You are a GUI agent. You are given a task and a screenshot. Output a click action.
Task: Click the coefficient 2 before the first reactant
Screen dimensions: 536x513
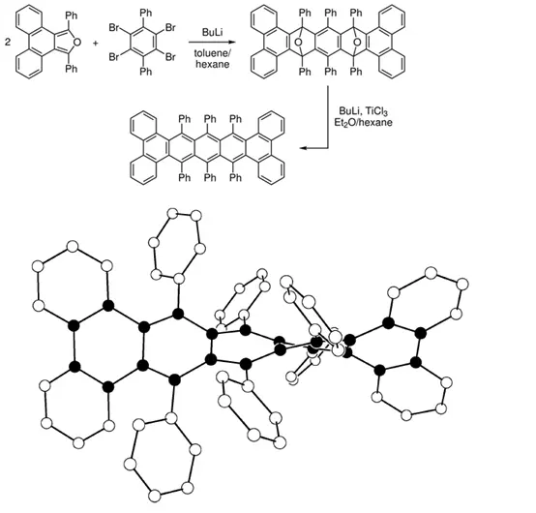8,43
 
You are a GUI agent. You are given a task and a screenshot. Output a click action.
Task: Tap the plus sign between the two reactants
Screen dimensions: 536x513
96,44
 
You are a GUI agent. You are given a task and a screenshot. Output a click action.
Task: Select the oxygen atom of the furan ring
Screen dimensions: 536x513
77,43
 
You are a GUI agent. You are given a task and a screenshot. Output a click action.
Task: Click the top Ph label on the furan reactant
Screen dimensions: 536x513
72,15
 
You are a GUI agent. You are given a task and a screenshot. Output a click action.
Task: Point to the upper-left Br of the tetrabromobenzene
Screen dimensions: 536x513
114,28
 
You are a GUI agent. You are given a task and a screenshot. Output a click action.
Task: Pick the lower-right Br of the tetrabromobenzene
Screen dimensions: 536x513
170,57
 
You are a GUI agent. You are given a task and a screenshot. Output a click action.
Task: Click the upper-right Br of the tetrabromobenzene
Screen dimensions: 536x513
170,28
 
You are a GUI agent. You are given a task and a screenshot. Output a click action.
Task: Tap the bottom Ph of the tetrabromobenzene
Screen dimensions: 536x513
146,72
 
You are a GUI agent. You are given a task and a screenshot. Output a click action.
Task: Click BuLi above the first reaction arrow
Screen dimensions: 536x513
212,33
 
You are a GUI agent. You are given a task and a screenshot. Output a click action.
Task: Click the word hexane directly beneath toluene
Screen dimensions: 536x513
213,64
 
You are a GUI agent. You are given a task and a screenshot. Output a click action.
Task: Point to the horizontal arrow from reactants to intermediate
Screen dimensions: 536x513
212,42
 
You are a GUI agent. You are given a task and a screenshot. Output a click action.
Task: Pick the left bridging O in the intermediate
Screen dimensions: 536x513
298,43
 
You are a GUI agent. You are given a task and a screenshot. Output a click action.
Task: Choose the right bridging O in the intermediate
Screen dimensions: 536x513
357,43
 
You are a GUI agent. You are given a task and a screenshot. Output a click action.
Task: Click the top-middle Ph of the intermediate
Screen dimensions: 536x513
331,13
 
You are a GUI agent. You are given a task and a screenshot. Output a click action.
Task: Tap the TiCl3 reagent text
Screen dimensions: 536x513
376,111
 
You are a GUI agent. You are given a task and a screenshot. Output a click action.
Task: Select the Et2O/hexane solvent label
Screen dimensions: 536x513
364,122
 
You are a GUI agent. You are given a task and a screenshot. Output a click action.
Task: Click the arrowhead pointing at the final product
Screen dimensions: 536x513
303,148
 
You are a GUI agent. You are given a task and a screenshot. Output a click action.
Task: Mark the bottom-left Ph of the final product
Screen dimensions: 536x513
185,177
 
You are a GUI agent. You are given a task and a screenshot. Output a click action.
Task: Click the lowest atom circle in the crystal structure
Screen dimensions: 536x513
155,496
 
